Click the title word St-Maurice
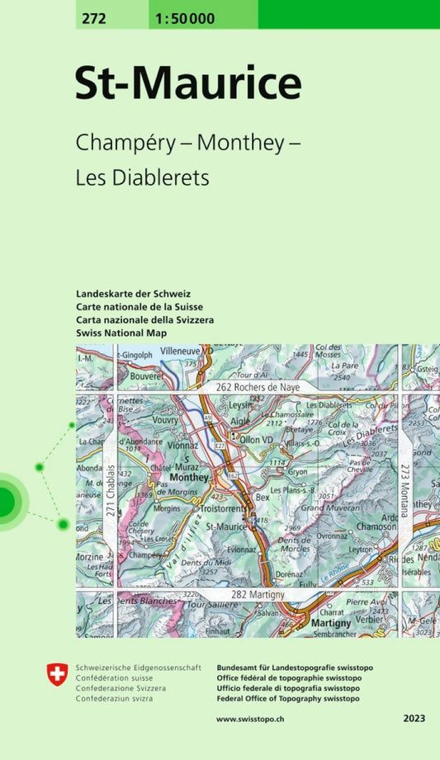[x=188, y=83]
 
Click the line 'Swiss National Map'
[x=121, y=333]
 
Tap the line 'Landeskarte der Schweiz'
[x=133, y=294]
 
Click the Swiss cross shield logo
[x=57, y=676]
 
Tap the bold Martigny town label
[x=333, y=624]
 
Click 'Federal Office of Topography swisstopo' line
[x=287, y=698]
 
